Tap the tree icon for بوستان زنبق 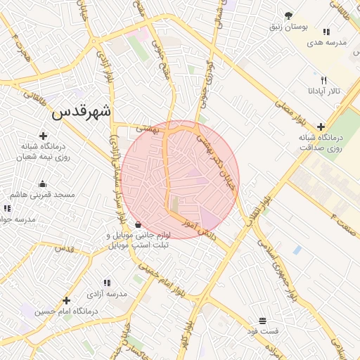click(289, 15)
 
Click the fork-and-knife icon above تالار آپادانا click(323, 80)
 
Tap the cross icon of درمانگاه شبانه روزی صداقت click(321, 127)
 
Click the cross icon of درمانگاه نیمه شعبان click(44, 136)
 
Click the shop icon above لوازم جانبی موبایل click(138, 224)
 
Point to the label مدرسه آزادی click(108, 293)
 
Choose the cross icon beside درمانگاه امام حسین click(66, 300)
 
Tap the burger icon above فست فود click(262, 320)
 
